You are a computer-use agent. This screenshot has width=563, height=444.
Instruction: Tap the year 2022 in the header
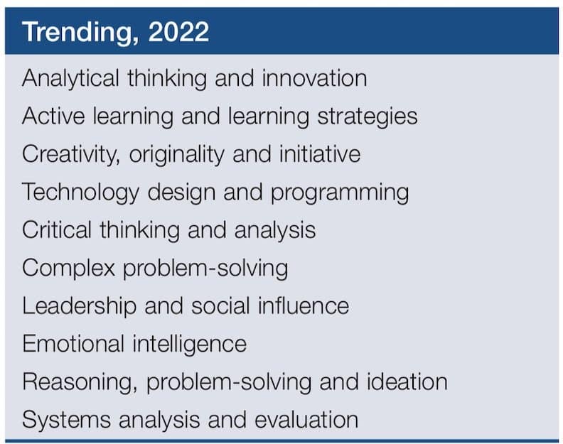178,31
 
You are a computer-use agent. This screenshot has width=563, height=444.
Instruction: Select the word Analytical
70,79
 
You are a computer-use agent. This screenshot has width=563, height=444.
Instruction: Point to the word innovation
314,78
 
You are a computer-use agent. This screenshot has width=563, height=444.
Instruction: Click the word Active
53,116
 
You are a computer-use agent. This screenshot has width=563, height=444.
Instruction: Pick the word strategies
368,117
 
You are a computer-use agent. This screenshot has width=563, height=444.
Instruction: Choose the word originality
177,155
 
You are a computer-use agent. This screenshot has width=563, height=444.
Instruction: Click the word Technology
80,193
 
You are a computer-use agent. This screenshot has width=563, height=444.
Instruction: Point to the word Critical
57,229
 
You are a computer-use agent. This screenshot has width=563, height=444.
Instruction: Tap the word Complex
68,268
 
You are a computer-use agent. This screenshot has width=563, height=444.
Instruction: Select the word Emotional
73,344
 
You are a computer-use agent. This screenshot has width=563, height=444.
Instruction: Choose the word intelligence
190,345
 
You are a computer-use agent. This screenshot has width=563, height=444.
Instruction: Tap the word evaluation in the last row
306,420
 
